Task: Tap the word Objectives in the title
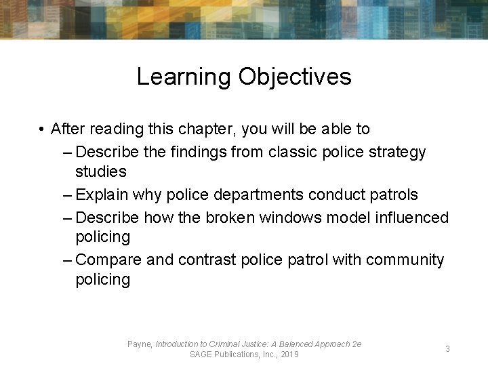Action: point(295,77)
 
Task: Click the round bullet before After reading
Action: point(42,129)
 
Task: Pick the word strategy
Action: point(396,152)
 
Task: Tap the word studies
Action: point(101,171)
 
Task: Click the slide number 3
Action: point(447,348)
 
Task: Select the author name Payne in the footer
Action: point(140,344)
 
